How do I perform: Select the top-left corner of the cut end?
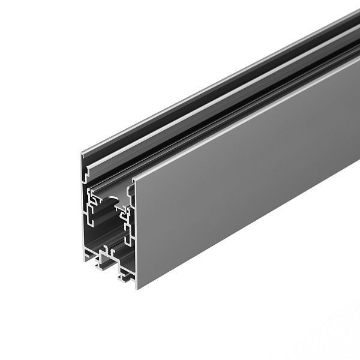[82, 155]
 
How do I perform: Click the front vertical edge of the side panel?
[134, 234]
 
